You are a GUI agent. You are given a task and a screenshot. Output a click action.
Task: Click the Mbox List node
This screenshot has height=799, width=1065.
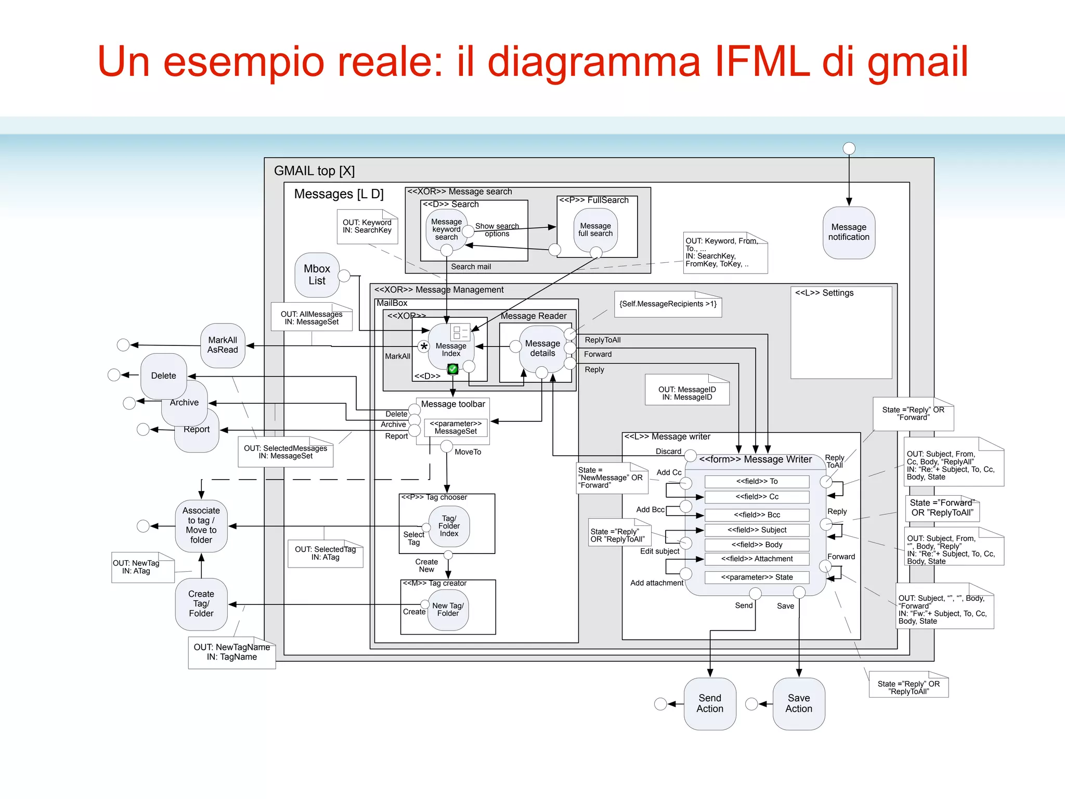point(317,275)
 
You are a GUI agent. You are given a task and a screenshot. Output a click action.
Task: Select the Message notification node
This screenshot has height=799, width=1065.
point(849,232)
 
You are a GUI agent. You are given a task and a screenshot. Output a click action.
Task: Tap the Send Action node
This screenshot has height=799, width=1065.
point(710,703)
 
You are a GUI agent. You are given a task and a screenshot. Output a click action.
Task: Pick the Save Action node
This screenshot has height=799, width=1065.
point(799,703)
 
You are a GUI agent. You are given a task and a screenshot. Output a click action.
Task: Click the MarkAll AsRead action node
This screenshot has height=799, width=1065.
point(223,345)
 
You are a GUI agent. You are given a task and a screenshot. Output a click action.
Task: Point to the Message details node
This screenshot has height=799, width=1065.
point(542,348)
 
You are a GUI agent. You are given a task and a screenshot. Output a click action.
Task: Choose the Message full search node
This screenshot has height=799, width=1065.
point(595,229)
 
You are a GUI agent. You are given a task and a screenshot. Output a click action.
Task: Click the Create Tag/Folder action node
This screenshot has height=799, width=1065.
point(201,603)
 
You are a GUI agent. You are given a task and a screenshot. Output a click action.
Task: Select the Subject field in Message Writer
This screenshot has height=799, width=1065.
point(757,530)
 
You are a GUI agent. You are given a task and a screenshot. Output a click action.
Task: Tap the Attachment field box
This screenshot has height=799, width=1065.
point(757,559)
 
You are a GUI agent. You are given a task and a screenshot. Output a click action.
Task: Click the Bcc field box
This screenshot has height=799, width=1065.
point(757,515)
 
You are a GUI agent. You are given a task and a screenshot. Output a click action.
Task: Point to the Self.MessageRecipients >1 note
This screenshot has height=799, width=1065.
point(668,304)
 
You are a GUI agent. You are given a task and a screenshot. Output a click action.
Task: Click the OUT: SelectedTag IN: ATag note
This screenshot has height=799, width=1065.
point(325,553)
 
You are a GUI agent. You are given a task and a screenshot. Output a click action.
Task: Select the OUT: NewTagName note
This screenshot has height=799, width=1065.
point(231,652)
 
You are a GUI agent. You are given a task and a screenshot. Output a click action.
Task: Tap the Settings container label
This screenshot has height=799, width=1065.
point(824,293)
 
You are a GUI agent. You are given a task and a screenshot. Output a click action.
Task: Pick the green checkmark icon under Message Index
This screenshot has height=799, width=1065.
point(453,369)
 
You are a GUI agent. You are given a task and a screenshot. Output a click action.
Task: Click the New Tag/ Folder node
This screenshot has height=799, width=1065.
point(448,610)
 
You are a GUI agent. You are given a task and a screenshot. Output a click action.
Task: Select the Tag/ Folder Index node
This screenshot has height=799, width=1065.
point(449,526)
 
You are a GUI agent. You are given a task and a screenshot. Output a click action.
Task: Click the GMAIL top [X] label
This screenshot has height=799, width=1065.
point(314,171)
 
